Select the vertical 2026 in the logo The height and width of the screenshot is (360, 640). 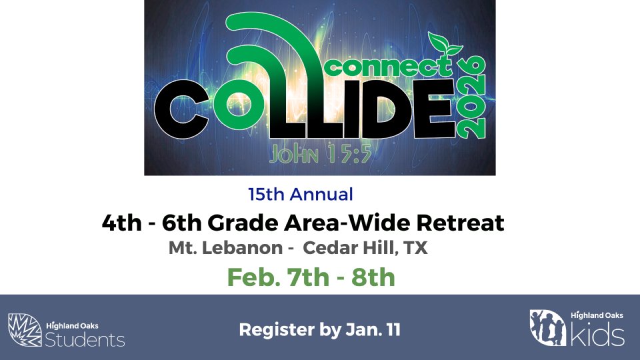(471, 97)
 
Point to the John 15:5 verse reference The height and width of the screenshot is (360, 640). (320, 154)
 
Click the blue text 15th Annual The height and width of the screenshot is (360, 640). (301, 194)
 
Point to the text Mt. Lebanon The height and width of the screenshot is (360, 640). (226, 248)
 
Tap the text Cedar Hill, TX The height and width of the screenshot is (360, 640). (365, 248)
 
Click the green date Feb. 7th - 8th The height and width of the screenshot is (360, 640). (311, 277)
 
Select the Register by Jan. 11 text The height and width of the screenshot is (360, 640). (319, 330)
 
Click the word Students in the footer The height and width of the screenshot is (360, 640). (85, 339)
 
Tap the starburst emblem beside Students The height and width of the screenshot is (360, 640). (25, 330)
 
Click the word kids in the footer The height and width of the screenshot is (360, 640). (597, 334)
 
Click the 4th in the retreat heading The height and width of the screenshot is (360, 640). (122, 223)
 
